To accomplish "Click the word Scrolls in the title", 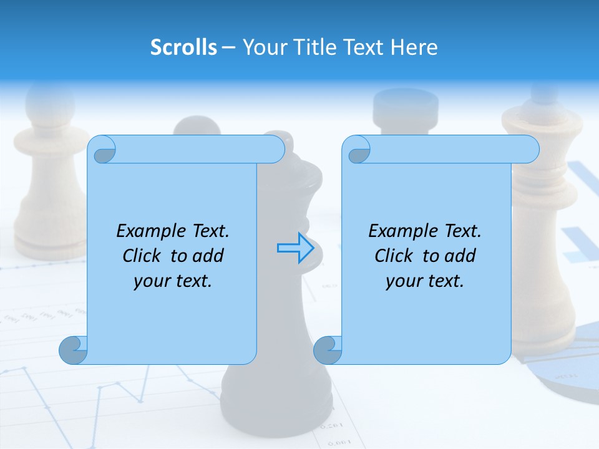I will (x=183, y=47).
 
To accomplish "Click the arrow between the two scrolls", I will (x=295, y=248).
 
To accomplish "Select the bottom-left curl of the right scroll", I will (x=328, y=350).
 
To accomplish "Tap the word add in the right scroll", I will (x=459, y=256).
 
